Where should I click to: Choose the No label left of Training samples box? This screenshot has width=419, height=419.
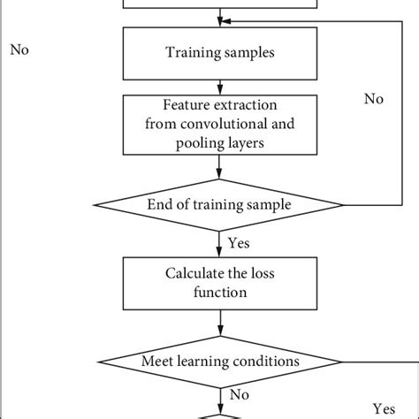(19, 50)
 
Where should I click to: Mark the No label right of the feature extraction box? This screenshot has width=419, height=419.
(375, 99)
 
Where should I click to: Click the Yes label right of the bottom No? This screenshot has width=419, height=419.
(384, 409)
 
